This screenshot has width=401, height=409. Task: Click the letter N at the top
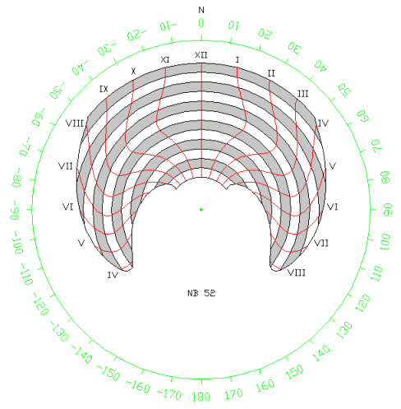201,10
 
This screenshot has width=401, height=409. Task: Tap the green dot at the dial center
201,210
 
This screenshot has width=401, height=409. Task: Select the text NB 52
201,293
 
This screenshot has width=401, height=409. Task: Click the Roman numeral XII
201,55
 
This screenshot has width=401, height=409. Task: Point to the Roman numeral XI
165,60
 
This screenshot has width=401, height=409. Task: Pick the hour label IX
104,89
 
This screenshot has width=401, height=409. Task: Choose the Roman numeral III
302,94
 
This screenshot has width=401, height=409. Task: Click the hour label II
271,73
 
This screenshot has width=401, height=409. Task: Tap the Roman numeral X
133,72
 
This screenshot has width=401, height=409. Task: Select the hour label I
237,60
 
